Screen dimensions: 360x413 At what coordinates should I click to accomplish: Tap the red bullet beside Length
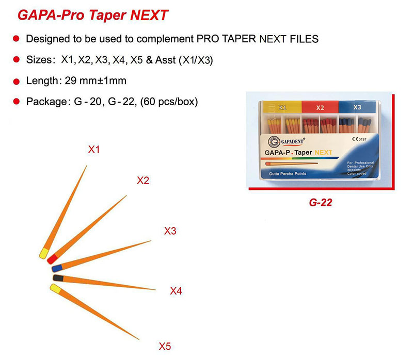pyautogui.click(x=16, y=81)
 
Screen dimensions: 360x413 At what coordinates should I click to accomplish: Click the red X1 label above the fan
pyautogui.click(x=93, y=150)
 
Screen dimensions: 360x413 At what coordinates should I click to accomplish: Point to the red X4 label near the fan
pyautogui.click(x=176, y=291)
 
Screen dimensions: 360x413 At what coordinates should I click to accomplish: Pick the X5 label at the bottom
pyautogui.click(x=165, y=346)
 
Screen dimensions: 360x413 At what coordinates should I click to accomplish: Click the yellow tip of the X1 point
pyautogui.click(x=44, y=254)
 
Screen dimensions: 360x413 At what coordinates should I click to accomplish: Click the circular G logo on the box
pyautogui.click(x=273, y=140)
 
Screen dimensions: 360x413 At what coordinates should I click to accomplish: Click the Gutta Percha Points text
pyautogui.click(x=288, y=174)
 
